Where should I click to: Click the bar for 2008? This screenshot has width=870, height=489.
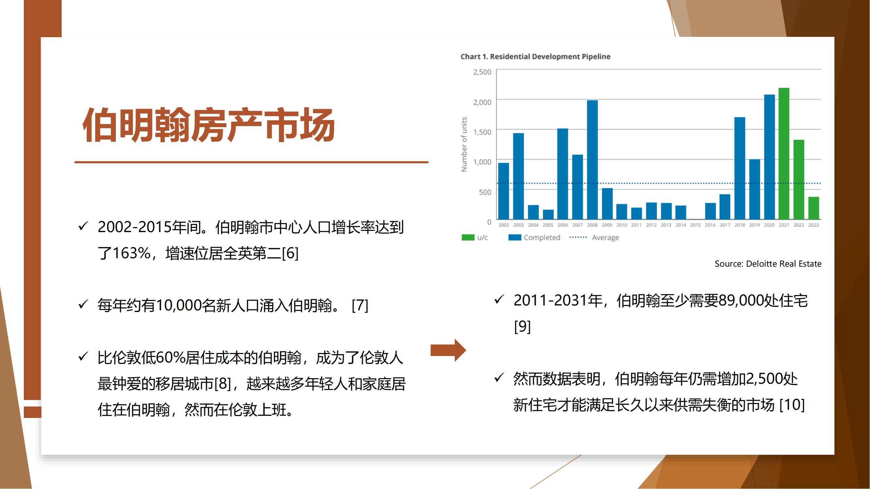[x=592, y=160]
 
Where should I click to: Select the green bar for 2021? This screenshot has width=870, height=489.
[x=784, y=154]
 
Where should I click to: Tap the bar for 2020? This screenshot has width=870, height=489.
[x=769, y=157]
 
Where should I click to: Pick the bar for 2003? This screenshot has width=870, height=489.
[x=518, y=176]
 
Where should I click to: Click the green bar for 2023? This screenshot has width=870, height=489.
[x=814, y=208]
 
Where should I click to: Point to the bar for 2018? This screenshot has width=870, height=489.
[x=740, y=168]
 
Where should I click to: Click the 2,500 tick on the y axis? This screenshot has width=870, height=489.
[x=482, y=72]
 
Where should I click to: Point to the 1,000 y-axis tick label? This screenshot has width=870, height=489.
[x=482, y=162]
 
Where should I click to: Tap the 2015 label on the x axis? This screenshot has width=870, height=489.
[x=695, y=225]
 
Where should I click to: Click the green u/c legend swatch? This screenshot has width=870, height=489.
[x=468, y=237]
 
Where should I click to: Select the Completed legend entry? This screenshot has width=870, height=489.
[x=534, y=237]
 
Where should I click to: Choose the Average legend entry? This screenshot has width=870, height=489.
[x=594, y=237]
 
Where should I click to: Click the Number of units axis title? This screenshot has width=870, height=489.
[x=464, y=144]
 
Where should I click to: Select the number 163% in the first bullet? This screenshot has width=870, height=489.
[x=131, y=253]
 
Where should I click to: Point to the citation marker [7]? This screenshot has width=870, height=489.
[x=360, y=305]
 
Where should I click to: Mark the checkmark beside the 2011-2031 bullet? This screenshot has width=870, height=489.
[x=499, y=299]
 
